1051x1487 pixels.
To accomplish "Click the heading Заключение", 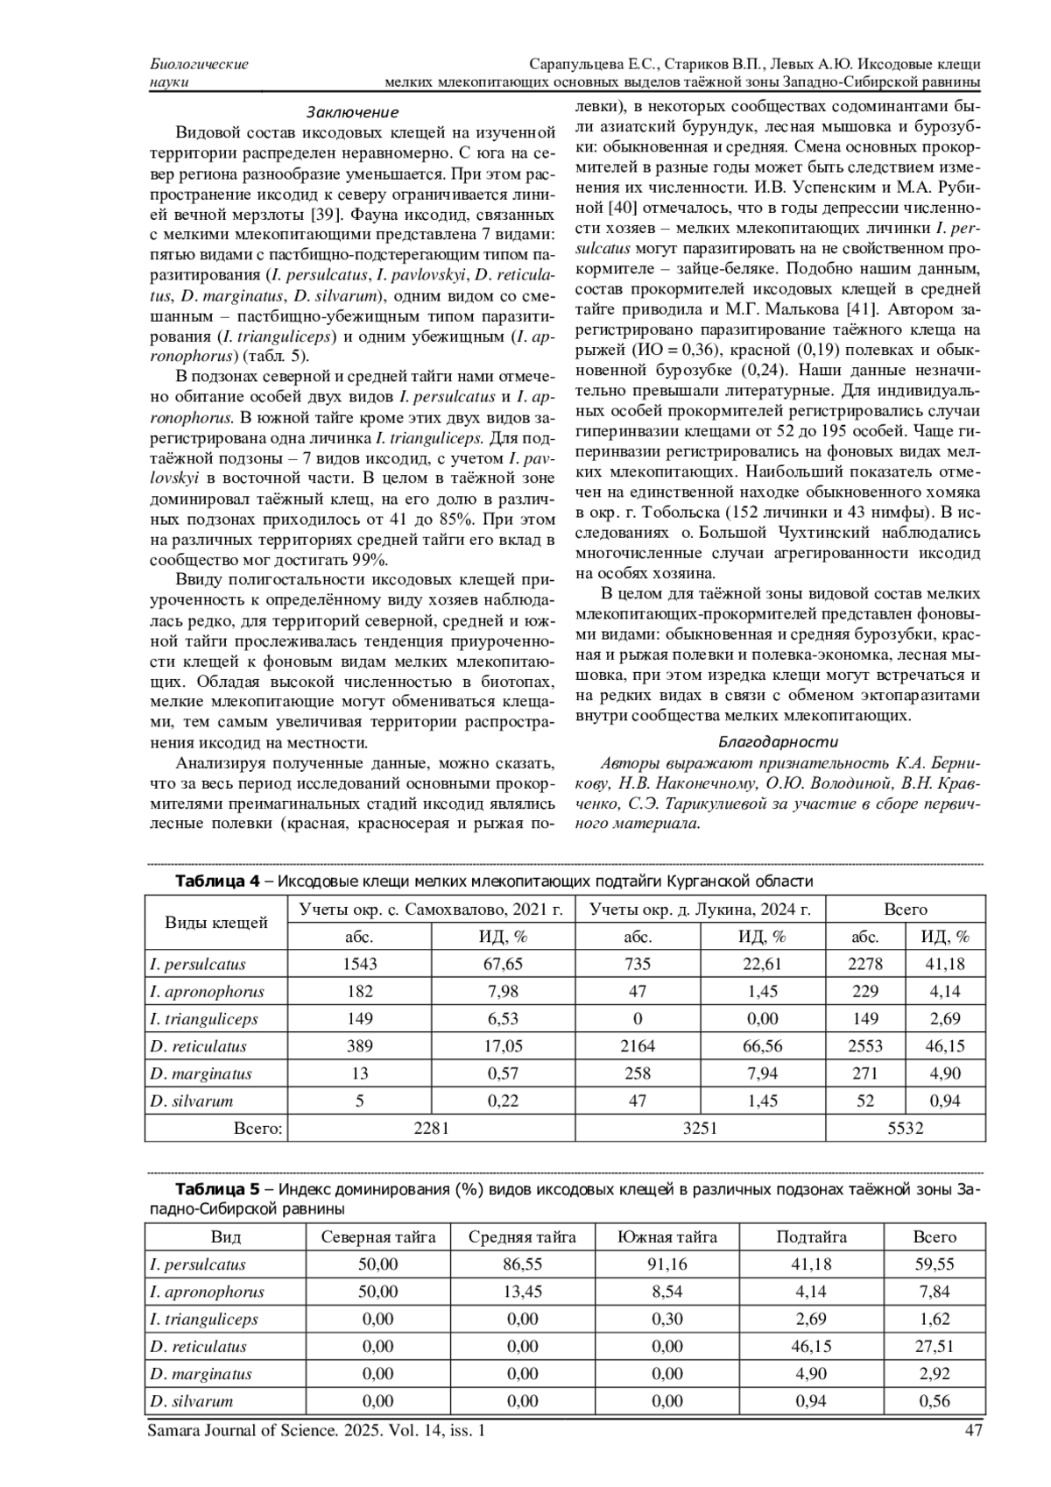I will tap(352, 112).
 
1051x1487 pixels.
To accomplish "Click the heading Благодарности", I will tap(779, 741).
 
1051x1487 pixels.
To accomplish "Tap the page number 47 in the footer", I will tap(972, 1431).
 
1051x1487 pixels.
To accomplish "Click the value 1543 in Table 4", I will tap(360, 964).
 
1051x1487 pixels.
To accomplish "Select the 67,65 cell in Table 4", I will tap(503, 964).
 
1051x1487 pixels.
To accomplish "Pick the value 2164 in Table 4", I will tap(638, 1046).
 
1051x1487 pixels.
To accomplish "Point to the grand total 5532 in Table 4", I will tap(905, 1129).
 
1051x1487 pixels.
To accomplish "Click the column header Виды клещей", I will tap(216, 922).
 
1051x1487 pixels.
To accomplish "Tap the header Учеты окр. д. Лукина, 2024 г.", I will tap(701, 909).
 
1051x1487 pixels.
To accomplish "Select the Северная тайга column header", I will tap(378, 1236).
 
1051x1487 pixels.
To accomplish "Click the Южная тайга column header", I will tap(667, 1236).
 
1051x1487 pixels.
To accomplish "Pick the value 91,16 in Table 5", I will tap(667, 1264).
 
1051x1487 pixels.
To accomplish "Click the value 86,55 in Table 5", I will tap(522, 1264).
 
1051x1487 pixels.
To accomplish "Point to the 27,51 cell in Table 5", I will tap(935, 1347).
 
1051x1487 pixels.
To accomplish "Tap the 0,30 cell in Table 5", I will tap(667, 1320).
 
